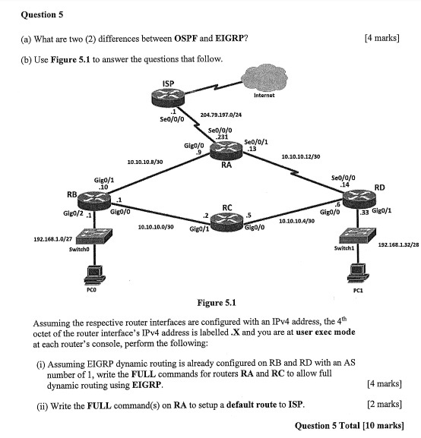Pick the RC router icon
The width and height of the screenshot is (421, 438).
(226, 220)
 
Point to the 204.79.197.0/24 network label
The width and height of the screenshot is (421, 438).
(220, 115)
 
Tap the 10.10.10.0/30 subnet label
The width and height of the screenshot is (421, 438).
(156, 226)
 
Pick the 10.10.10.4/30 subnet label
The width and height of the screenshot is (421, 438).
(297, 221)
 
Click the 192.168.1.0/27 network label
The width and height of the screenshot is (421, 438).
(52, 239)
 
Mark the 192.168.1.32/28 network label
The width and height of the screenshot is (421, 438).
(398, 244)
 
